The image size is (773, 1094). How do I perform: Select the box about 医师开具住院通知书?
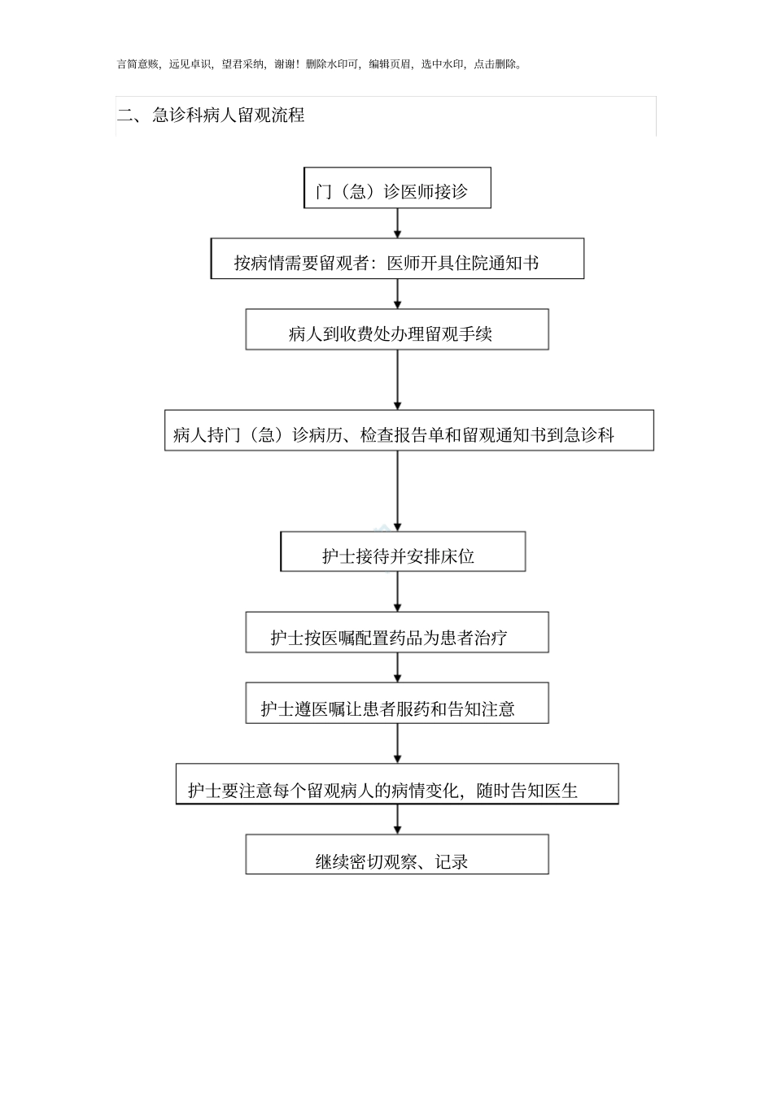[x=397, y=259]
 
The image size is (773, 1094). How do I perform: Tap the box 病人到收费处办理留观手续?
[x=397, y=330]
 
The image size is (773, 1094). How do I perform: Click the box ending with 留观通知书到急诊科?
[x=408, y=431]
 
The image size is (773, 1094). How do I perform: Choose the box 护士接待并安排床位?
[x=403, y=552]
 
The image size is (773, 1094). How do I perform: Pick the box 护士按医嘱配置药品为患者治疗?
[x=397, y=633]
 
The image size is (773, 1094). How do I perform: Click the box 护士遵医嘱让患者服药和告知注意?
[x=397, y=704]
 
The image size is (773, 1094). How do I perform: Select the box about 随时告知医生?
[x=397, y=785]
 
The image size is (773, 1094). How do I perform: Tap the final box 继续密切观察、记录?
[x=397, y=855]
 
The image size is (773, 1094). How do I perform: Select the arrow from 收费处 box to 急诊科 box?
[x=397, y=381]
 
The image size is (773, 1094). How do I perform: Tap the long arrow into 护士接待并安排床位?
[x=397, y=491]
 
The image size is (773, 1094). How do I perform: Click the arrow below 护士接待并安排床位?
[x=397, y=592]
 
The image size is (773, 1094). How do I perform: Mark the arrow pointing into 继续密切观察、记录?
[x=397, y=820]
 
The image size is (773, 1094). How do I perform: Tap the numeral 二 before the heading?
[x=124, y=116]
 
